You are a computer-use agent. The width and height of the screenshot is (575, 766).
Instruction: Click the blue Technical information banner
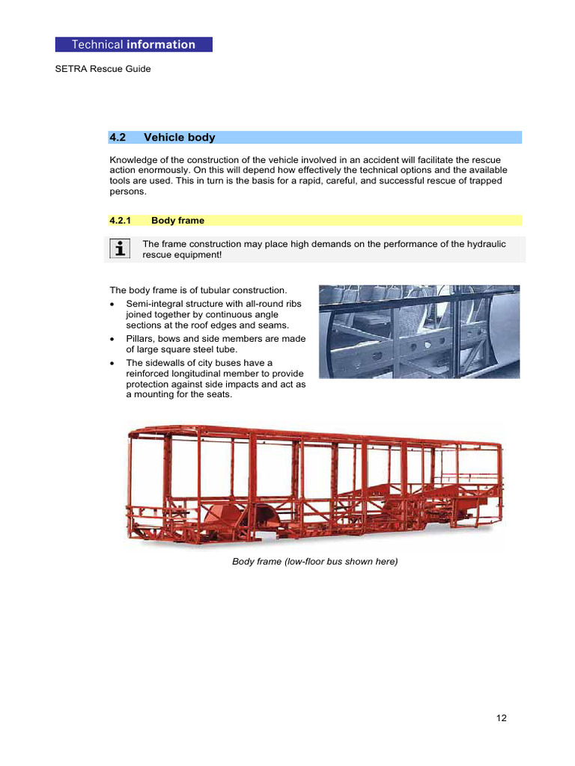133,45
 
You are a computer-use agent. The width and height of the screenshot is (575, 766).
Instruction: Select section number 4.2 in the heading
118,138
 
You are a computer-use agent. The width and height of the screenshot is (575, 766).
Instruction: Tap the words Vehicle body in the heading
179,138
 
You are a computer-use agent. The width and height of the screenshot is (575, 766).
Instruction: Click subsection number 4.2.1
120,221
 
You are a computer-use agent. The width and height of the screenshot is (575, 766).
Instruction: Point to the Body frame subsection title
177,221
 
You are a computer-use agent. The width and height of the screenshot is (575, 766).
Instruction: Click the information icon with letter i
118,248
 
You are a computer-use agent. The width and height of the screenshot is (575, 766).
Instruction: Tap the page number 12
501,718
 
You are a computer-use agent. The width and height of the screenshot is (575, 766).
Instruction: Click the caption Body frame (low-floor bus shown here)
315,561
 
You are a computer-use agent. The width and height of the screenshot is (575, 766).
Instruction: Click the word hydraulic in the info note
488,245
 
